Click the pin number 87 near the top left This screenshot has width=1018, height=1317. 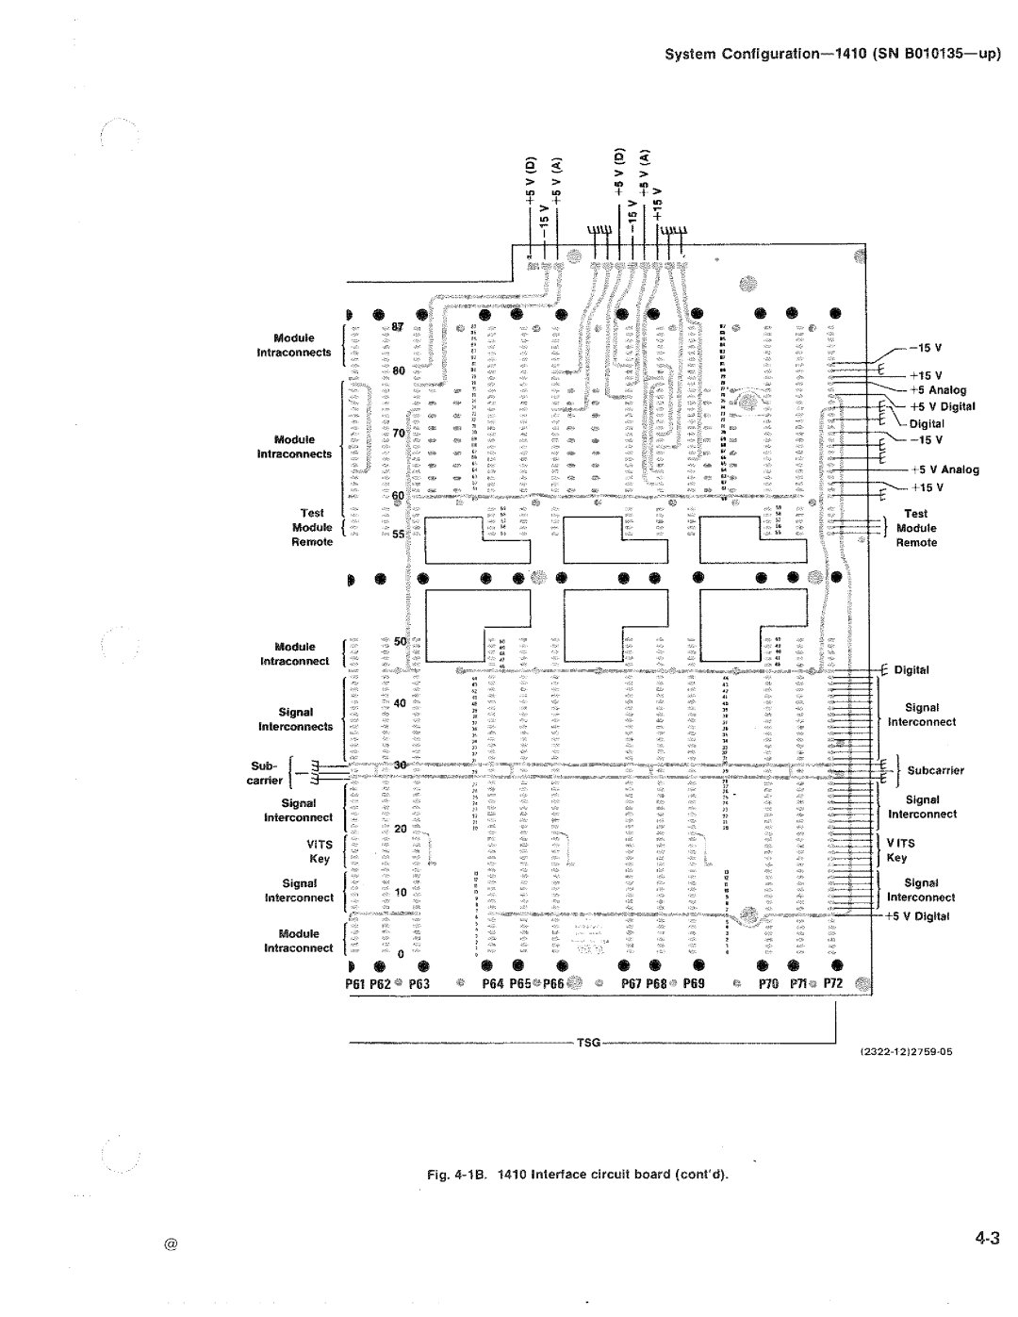click(x=398, y=327)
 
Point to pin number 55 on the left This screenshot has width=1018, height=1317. click(x=398, y=534)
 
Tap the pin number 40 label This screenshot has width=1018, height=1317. click(x=400, y=702)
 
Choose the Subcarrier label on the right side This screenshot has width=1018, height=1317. click(x=936, y=770)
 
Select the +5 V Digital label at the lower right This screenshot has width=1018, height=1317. click(x=919, y=915)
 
